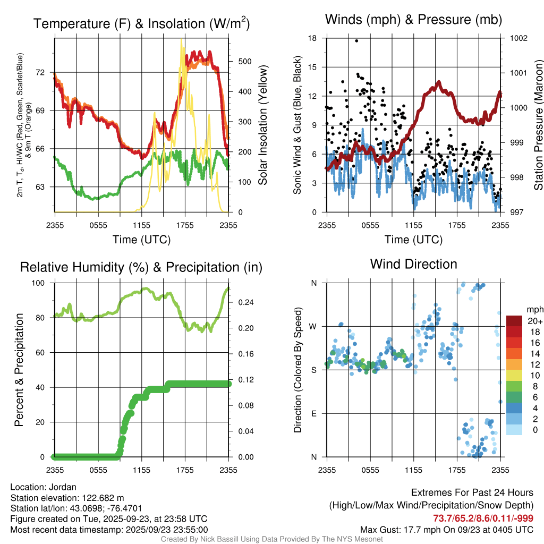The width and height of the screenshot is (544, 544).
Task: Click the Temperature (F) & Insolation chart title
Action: click(x=141, y=23)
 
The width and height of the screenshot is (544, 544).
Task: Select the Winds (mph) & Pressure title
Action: click(x=413, y=20)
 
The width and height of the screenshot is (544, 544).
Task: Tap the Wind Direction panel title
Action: click(x=413, y=264)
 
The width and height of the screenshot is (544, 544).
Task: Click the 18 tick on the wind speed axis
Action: click(x=313, y=38)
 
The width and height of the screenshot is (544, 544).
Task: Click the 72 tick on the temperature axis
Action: click(x=45, y=72)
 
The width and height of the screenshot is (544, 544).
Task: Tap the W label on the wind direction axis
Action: click(x=313, y=326)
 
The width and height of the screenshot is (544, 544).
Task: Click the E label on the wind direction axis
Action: click(x=314, y=413)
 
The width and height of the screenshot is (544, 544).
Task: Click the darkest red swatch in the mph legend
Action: click(x=514, y=321)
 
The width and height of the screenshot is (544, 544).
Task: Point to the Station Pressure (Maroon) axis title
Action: click(x=538, y=125)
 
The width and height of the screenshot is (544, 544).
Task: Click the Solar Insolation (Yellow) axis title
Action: click(x=262, y=125)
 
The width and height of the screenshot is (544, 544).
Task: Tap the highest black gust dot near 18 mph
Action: click(x=356, y=40)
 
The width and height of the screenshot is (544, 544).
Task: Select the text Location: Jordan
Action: click(x=44, y=487)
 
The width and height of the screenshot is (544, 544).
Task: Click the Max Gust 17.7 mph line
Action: click(x=446, y=529)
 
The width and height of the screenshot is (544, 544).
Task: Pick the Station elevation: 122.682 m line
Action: click(x=67, y=498)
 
